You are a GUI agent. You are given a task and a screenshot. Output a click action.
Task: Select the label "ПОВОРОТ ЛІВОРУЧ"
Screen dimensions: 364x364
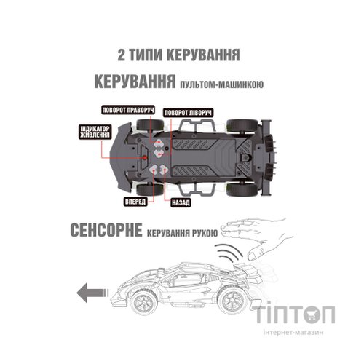(x=189, y=113)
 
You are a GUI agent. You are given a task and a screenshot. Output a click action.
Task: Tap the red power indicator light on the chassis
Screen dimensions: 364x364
(x=143, y=154)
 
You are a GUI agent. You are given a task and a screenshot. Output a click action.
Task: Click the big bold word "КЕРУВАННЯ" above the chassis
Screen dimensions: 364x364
(x=133, y=81)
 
